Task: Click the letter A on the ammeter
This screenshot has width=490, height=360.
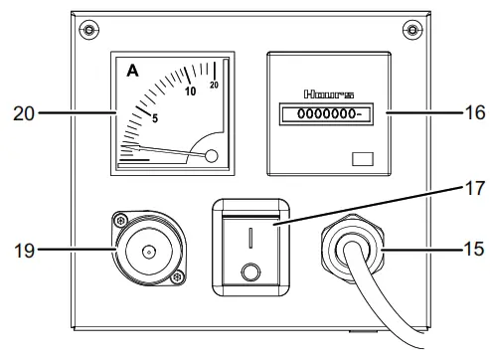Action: [x=131, y=71]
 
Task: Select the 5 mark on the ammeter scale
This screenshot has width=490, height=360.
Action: [x=155, y=119]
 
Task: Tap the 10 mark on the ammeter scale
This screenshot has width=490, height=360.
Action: [x=191, y=91]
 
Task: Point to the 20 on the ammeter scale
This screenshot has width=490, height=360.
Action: [x=215, y=86]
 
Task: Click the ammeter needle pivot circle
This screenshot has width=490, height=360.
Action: [x=211, y=154]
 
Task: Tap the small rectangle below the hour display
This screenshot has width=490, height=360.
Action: [x=362, y=157]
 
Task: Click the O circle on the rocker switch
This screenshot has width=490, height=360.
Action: [x=252, y=271]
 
